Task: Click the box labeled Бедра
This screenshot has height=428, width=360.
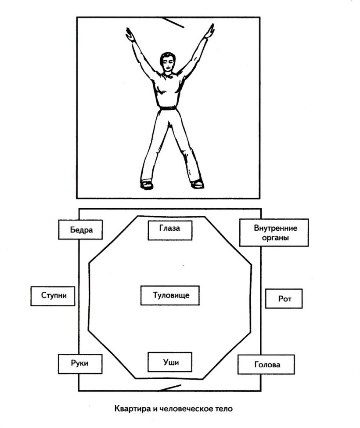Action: pyautogui.click(x=80, y=229)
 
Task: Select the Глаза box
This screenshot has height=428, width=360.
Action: pyautogui.click(x=170, y=230)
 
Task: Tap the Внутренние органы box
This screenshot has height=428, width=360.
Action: pyautogui.click(x=274, y=232)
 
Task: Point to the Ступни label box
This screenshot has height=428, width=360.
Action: pyautogui.click(x=53, y=296)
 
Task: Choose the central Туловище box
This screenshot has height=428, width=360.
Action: pyautogui.click(x=170, y=295)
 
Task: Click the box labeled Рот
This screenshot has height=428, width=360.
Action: pyautogui.click(x=284, y=299)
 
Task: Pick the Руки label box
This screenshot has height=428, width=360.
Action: pyautogui.click(x=80, y=364)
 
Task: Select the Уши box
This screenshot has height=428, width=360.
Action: pyautogui.click(x=170, y=362)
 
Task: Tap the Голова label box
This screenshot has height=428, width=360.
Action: pyautogui.click(x=266, y=364)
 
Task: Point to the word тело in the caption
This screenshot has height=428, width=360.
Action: pyautogui.click(x=224, y=409)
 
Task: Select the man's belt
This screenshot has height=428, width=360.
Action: pyautogui.click(x=168, y=109)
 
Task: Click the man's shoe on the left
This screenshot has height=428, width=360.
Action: pyautogui.click(x=147, y=185)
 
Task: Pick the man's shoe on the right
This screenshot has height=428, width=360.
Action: pyautogui.click(x=197, y=184)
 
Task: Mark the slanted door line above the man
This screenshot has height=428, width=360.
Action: pyautogui.click(x=173, y=22)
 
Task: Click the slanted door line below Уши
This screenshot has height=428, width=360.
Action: pyautogui.click(x=169, y=388)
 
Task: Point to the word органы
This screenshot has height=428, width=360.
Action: pyautogui.click(x=275, y=237)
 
